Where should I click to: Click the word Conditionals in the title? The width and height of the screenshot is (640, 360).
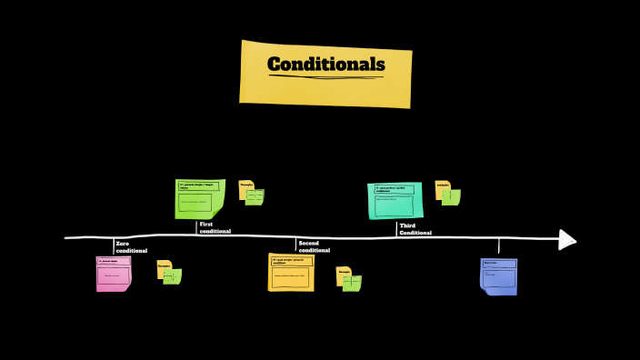(x=325, y=65)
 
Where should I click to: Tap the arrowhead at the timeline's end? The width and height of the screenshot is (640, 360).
(x=567, y=239)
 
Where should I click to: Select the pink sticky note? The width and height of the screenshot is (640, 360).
(x=114, y=274)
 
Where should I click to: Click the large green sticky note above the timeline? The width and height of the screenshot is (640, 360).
(x=199, y=199)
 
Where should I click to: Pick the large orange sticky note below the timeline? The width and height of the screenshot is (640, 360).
(x=291, y=272)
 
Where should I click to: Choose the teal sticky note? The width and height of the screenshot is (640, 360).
(x=395, y=200)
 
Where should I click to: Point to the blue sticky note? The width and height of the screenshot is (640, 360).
(x=499, y=275)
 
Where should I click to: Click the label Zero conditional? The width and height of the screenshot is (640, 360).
(x=131, y=246)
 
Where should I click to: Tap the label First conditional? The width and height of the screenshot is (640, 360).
(x=215, y=227)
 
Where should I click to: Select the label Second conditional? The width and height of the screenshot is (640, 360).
(x=315, y=246)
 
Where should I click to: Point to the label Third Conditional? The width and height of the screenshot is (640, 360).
(x=415, y=228)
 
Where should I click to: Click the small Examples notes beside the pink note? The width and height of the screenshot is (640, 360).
(x=169, y=272)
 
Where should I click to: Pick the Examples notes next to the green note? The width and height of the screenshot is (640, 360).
(x=251, y=192)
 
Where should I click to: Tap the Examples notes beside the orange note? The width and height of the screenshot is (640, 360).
(x=349, y=278)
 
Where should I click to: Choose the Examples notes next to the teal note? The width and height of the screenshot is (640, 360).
(x=447, y=192)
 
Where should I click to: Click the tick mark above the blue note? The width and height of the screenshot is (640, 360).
(x=498, y=245)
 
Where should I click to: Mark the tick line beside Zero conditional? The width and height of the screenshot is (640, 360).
(x=114, y=245)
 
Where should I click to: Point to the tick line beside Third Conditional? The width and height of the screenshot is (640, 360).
(x=396, y=228)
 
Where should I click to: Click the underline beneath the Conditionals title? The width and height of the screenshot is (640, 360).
(x=325, y=77)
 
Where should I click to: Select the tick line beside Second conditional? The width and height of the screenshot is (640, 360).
(x=295, y=245)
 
